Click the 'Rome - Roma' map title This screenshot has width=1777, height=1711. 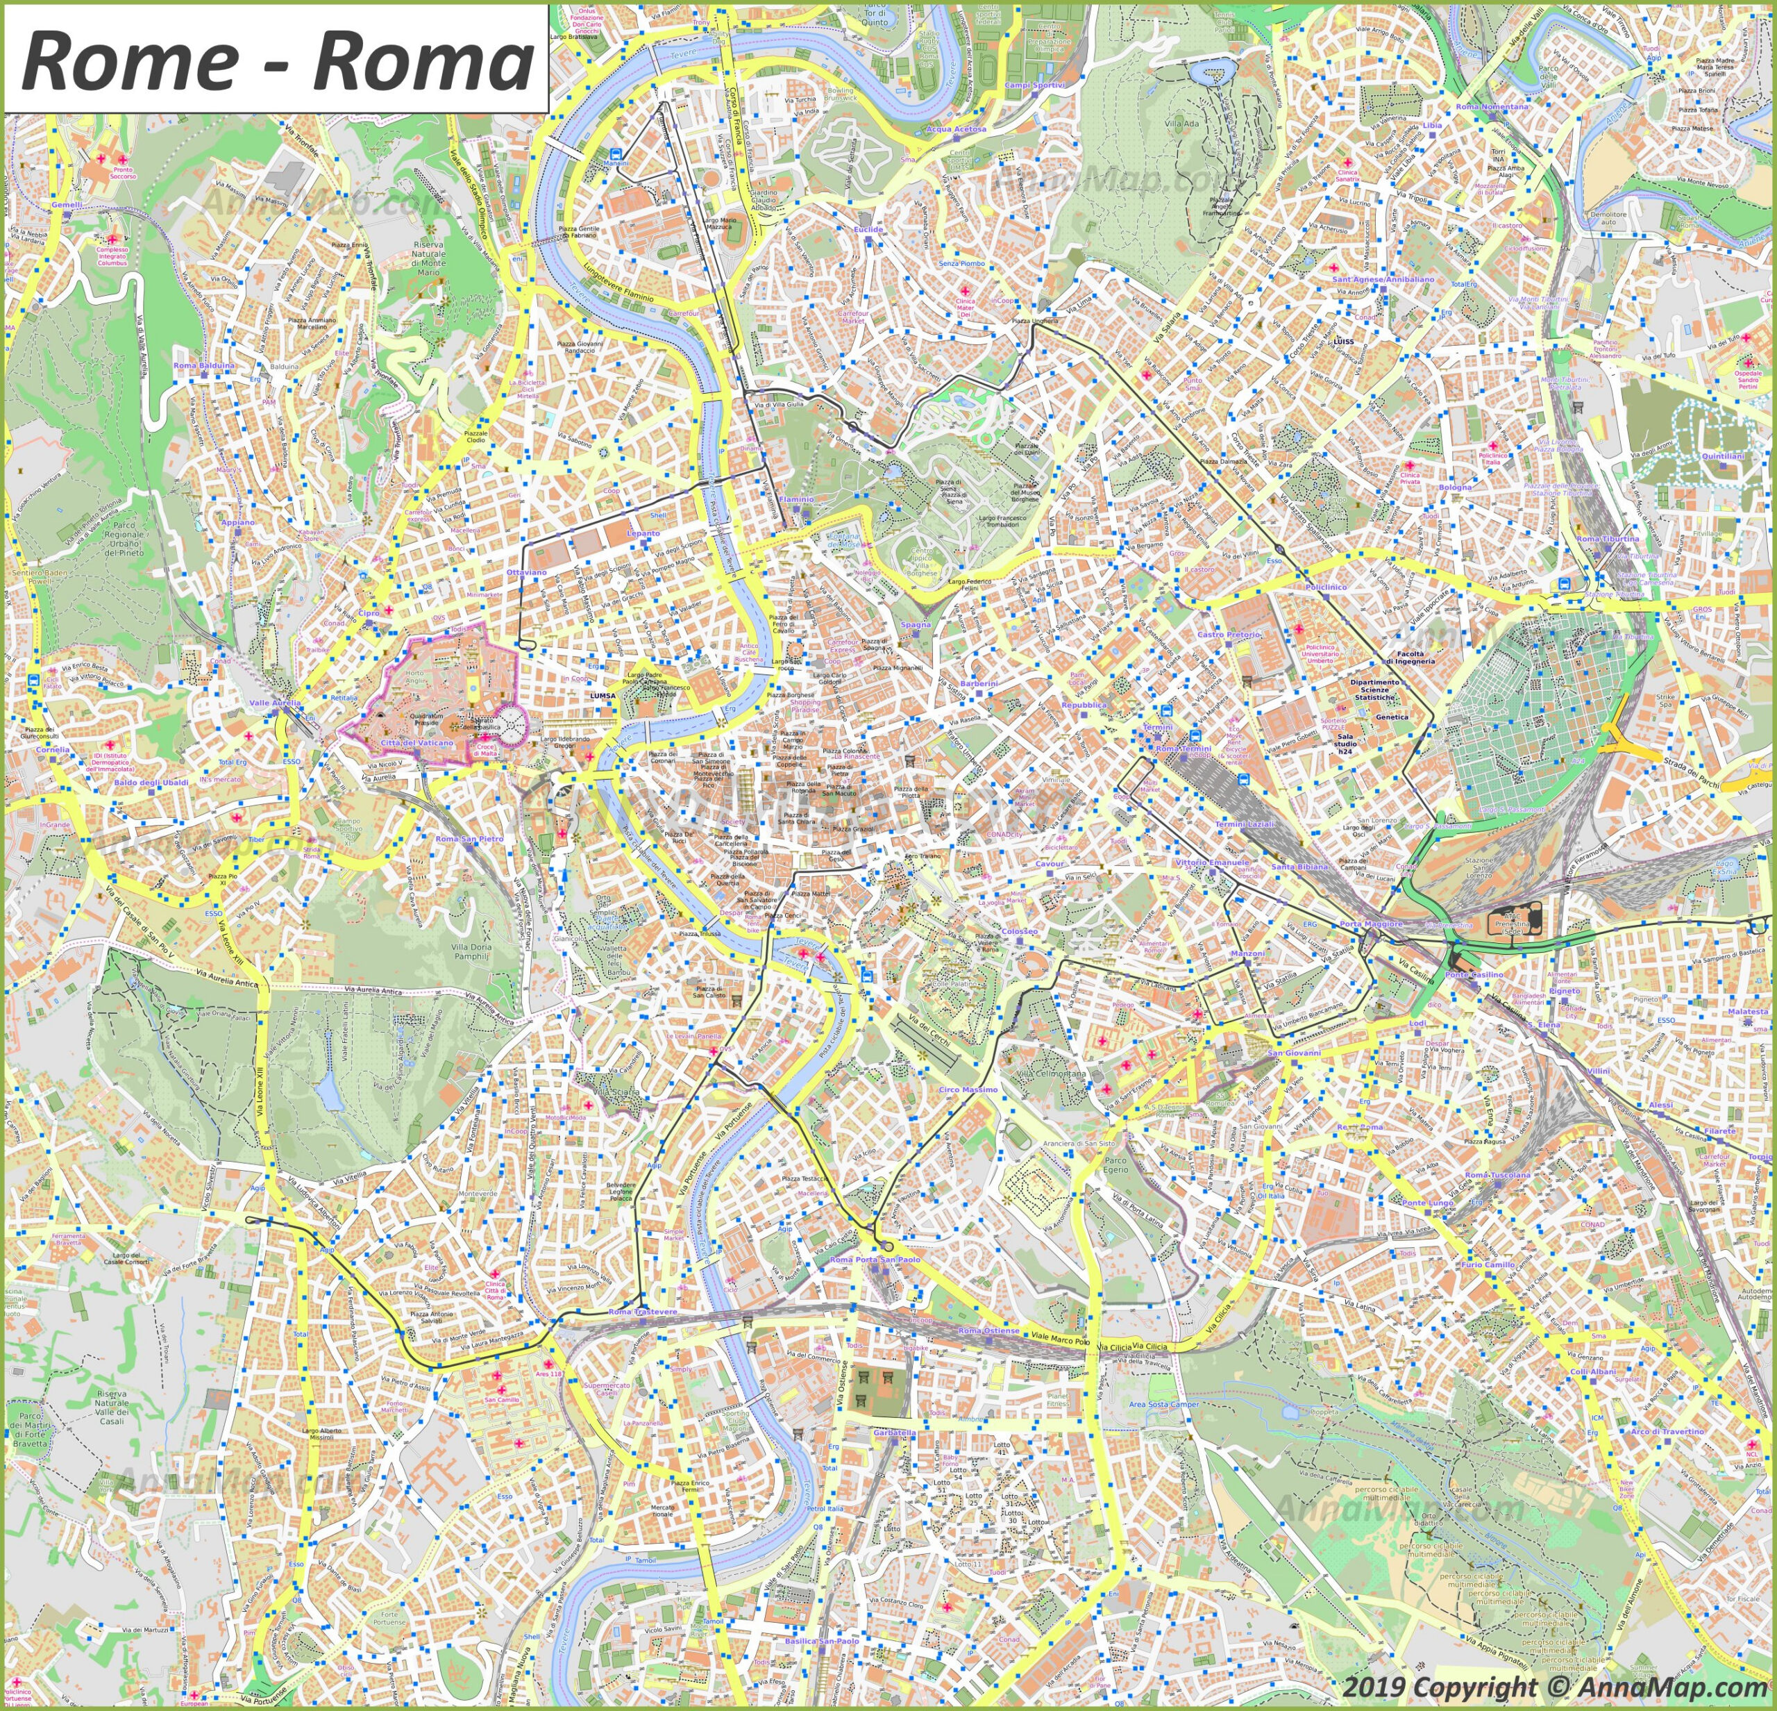(276, 60)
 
